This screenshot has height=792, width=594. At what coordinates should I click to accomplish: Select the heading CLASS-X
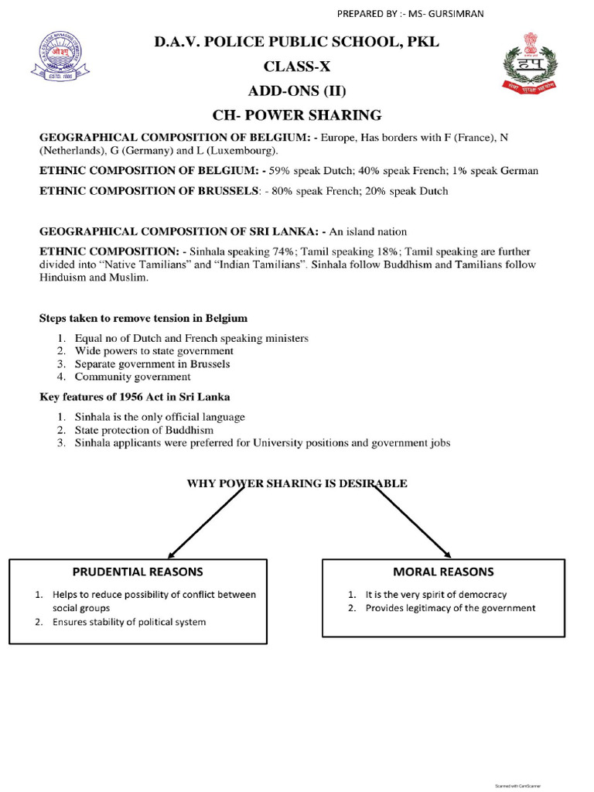pyautogui.click(x=297, y=67)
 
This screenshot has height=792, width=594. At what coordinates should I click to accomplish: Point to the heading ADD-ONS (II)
pyautogui.click(x=297, y=90)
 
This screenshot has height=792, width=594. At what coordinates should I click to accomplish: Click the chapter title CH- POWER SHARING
pyautogui.click(x=297, y=115)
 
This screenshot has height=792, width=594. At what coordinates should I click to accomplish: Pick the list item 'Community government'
pyautogui.click(x=132, y=377)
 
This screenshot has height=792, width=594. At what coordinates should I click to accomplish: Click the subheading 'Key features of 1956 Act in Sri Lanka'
pyautogui.click(x=135, y=397)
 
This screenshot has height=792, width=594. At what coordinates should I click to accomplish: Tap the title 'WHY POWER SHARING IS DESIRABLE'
pyautogui.click(x=297, y=483)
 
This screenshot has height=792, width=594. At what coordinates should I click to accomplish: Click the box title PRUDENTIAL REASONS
pyautogui.click(x=138, y=572)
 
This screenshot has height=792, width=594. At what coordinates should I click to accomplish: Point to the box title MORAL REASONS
pyautogui.click(x=443, y=572)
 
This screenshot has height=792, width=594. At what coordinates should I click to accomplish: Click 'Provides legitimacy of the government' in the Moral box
pyautogui.click(x=450, y=608)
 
